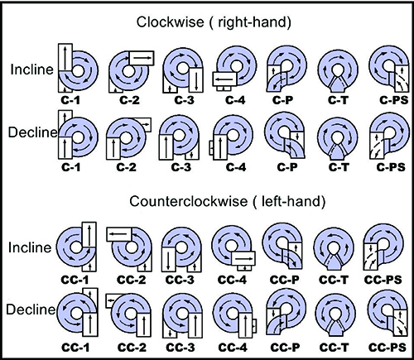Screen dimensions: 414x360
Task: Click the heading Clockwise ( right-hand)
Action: coord(214,22)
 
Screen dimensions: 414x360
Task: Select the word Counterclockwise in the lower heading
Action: coord(189,201)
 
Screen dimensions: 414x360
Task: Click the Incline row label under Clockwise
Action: coord(31,70)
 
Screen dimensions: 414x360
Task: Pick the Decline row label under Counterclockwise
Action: coord(31,310)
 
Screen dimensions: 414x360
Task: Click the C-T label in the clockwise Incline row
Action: coord(339,100)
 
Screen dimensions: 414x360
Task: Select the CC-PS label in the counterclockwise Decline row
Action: coord(388,347)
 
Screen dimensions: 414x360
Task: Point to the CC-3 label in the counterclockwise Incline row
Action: coord(180,280)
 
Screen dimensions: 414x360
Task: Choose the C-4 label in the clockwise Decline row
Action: coord(236,167)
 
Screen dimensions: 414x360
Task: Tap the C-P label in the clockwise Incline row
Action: coord(282,100)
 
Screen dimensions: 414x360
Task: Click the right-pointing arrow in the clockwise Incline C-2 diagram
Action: coord(142,58)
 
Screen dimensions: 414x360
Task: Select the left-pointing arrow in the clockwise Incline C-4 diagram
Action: coord(224,79)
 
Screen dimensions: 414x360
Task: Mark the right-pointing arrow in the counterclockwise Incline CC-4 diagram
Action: coord(243,259)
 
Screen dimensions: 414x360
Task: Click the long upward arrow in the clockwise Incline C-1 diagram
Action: coord(65,58)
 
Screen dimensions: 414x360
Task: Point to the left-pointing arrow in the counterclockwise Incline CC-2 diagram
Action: coord(118,234)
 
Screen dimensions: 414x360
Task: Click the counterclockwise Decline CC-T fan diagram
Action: coord(335,315)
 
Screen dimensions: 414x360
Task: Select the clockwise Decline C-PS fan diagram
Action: coord(389,137)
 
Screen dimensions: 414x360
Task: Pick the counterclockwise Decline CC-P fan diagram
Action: coord(286,313)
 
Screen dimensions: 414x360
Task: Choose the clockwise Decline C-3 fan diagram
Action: coord(179,137)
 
